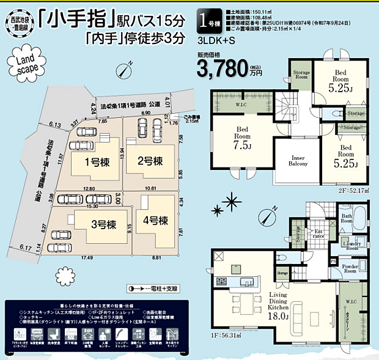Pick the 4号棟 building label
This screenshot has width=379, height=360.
[155, 219]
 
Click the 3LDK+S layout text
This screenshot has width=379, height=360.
[216, 42]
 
